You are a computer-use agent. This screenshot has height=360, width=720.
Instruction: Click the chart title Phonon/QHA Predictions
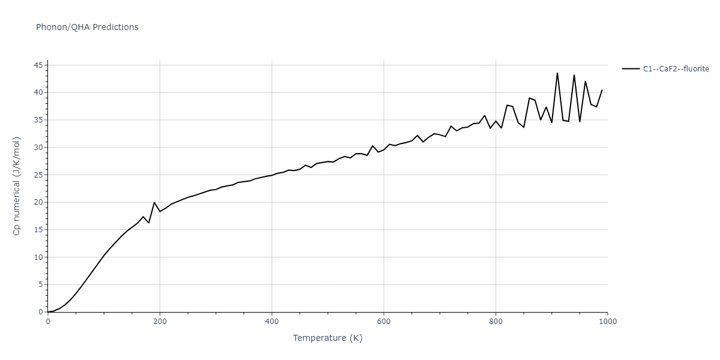[87, 27]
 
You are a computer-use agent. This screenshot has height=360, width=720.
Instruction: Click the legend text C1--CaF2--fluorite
[676, 69]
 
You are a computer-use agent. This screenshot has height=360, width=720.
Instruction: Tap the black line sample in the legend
[631, 69]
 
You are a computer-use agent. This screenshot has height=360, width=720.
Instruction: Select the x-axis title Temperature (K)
[328, 338]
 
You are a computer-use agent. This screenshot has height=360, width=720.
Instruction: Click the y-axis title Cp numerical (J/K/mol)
[16, 187]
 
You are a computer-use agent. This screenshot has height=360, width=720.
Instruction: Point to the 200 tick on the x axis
[160, 321]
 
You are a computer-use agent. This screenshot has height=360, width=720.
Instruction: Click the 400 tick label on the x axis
[272, 321]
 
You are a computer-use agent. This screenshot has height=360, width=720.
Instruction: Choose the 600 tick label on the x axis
[384, 321]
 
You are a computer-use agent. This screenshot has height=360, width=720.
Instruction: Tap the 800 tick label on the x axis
[496, 321]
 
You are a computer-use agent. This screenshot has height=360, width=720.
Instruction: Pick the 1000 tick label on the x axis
[607, 321]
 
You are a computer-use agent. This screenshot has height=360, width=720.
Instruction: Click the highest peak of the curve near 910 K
[557, 73]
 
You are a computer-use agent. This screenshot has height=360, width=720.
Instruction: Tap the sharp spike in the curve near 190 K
[154, 202]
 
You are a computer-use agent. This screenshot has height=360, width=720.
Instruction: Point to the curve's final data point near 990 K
[602, 90]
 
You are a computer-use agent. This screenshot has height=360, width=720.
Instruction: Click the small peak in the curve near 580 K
[373, 146]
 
